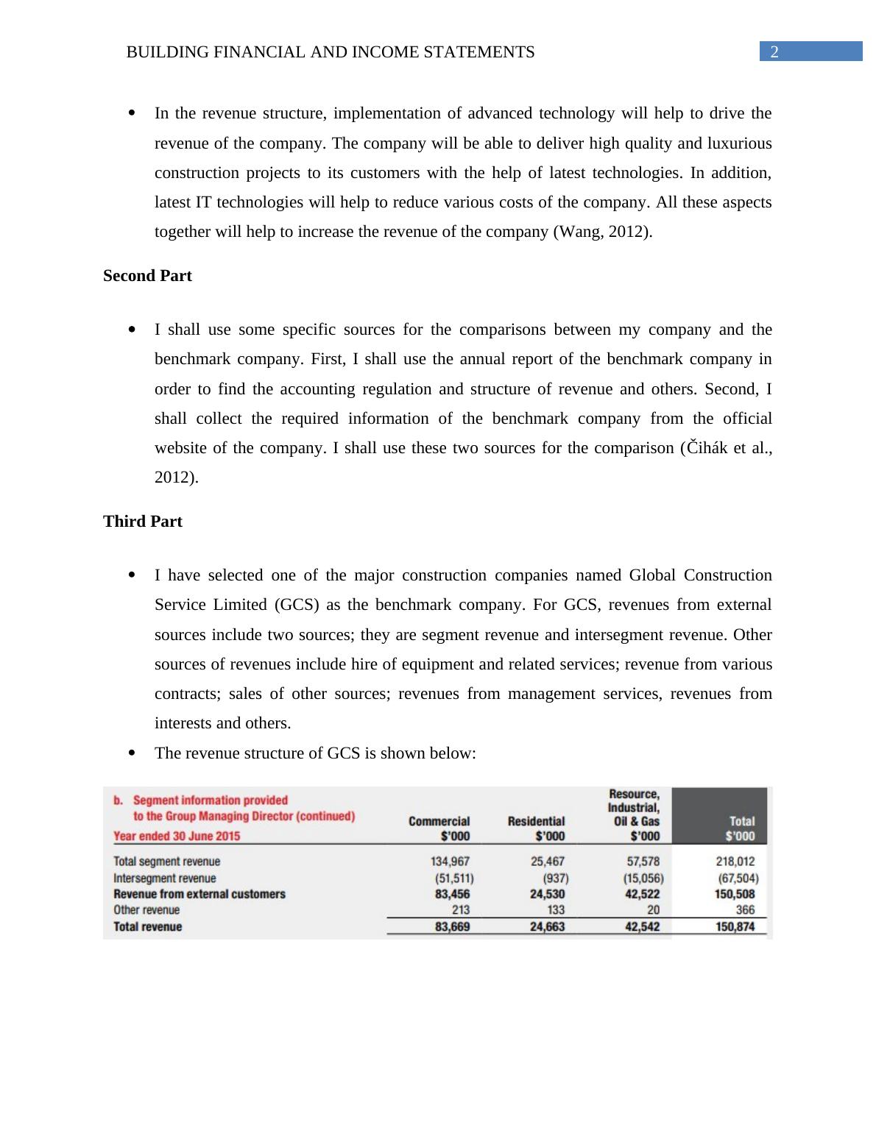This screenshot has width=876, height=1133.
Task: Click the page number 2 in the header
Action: [774, 51]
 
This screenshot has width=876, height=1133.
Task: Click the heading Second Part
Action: [147, 276]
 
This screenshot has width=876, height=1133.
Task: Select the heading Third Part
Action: [143, 522]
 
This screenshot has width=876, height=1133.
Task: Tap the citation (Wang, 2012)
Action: [601, 232]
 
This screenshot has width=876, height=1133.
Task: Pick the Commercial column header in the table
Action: [439, 821]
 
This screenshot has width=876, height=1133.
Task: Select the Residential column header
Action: [536, 821]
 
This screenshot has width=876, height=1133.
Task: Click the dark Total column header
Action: [741, 821]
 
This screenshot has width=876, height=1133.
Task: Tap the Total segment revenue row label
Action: [166, 862]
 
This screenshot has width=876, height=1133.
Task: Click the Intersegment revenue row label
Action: [165, 878]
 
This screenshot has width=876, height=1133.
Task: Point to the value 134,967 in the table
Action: [450, 862]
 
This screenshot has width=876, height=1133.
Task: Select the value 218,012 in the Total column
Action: [735, 862]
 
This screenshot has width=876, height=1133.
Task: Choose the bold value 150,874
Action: [735, 927]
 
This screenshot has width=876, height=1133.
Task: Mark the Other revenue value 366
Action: [744, 910]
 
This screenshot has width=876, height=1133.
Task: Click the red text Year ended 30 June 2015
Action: [177, 836]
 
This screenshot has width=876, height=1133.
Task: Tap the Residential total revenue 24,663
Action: [547, 927]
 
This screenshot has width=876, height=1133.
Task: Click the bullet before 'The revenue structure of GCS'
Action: [132, 753]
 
